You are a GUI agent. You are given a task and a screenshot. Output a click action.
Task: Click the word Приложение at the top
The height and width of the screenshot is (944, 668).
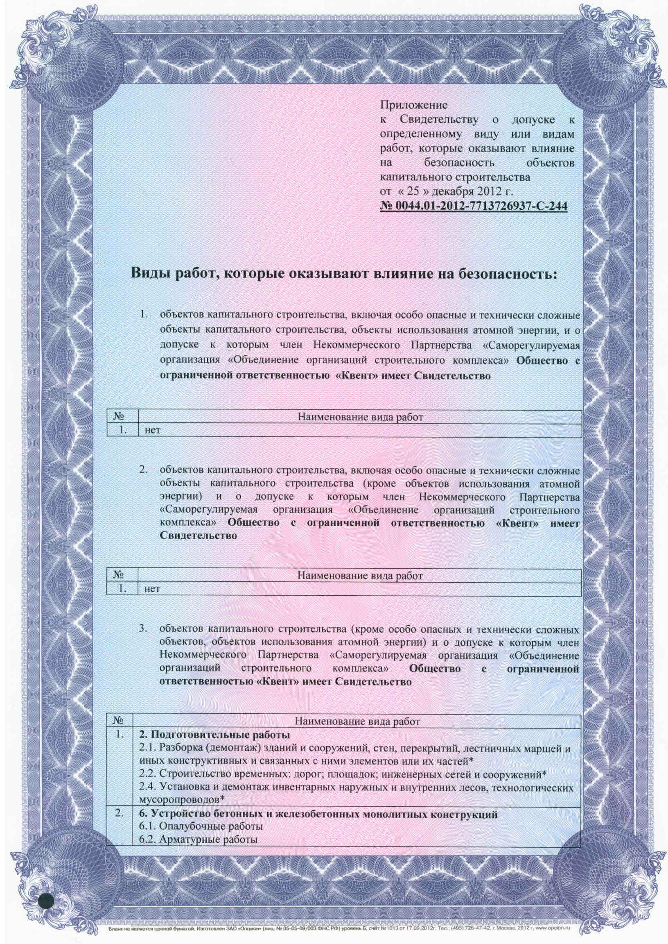tap(413, 105)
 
